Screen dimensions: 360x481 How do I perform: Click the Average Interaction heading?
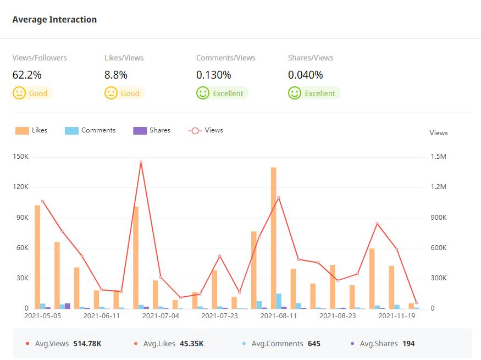(x=54, y=20)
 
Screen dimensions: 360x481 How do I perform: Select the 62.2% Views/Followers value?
(x=27, y=75)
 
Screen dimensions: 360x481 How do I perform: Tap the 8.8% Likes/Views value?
(x=116, y=75)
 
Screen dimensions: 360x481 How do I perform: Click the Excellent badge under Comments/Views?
(x=222, y=93)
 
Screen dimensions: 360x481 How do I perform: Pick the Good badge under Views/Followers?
(x=32, y=93)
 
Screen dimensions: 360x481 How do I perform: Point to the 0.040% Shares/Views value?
(x=306, y=75)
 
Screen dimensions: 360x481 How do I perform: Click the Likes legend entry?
(x=31, y=131)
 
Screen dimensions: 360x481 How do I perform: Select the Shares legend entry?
(x=152, y=131)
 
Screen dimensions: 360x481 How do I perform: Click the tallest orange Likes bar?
(x=273, y=236)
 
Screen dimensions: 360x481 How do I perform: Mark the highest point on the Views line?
(x=141, y=162)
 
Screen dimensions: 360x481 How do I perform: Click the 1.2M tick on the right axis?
(x=438, y=187)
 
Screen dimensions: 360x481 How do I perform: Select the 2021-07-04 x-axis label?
(x=161, y=316)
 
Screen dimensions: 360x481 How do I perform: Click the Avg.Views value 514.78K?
(x=87, y=344)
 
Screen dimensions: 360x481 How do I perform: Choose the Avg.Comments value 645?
(x=314, y=344)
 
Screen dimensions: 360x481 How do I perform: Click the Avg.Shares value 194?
(x=408, y=344)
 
